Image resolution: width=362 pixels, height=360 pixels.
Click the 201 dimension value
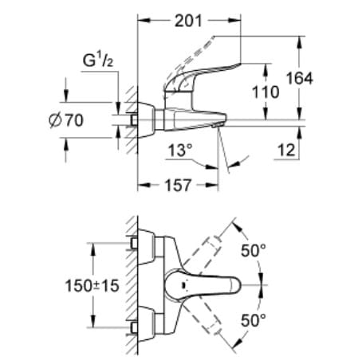pyautogui.click(x=187, y=21)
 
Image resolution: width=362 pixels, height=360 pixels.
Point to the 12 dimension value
pyautogui.click(x=288, y=150)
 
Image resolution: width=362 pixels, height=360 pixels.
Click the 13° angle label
pyautogui.click(x=180, y=150)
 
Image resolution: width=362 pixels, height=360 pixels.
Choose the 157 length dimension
pyautogui.click(x=176, y=186)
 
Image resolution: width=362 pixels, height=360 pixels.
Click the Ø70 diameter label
pyautogui.click(x=66, y=122)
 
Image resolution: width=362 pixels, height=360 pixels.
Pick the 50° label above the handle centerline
pyautogui.click(x=254, y=251)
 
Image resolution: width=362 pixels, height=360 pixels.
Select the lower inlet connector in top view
pyautogui.click(x=134, y=327)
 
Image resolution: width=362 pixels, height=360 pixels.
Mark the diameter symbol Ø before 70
pyautogui.click(x=52, y=122)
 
